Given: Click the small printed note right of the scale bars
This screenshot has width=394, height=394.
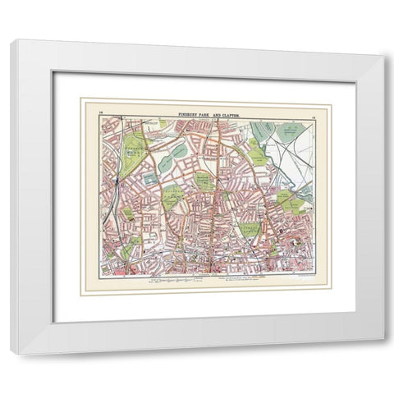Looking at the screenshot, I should click(246, 280).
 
